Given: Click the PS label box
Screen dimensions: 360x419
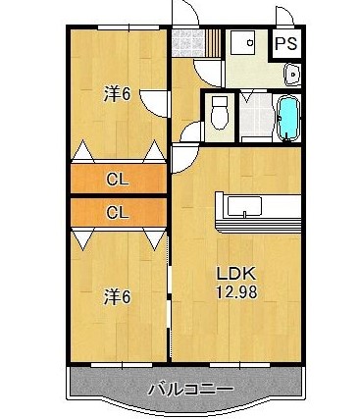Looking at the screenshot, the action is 285,43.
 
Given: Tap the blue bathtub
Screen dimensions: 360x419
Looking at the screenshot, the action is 288,118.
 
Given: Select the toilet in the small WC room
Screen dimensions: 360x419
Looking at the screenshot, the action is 219,113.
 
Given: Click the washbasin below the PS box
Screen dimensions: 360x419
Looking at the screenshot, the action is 292,75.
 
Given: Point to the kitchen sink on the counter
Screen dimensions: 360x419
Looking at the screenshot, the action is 244,207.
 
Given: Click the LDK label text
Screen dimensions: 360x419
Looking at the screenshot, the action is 236,274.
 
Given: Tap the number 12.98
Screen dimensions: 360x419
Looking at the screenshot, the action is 236,291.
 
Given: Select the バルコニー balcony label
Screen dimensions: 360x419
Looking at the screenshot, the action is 191,390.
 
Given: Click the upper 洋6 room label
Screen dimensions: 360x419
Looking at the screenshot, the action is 117,94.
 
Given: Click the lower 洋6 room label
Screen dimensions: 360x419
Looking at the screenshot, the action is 117,297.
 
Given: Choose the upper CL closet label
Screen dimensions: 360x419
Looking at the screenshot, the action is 118,180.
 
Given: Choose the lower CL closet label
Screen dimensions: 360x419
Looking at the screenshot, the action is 118,213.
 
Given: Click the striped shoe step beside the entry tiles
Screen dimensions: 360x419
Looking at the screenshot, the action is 213,43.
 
